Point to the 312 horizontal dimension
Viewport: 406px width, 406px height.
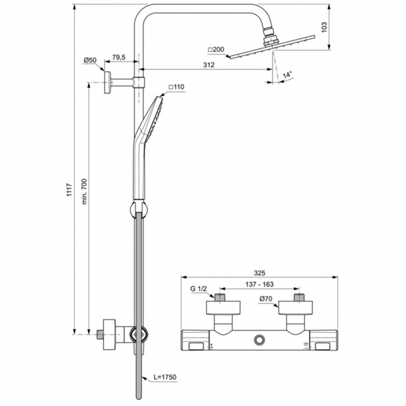[209, 65]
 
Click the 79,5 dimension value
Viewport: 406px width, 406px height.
[119, 56]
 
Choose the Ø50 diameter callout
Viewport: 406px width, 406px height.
[89, 59]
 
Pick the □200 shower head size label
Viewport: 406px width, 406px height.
[216, 50]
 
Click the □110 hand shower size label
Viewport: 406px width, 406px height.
[176, 87]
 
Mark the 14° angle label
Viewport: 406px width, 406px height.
[286, 74]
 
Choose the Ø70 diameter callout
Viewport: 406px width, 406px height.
[265, 298]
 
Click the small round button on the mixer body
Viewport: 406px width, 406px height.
[259, 340]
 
